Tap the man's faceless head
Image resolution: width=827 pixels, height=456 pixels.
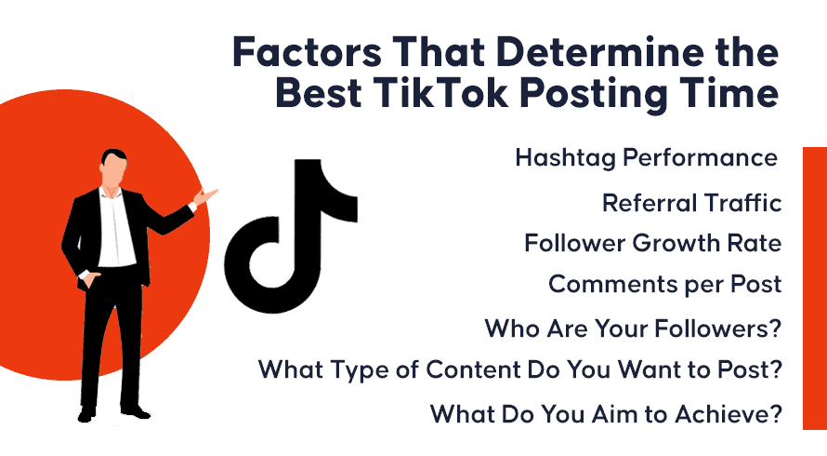tap(113, 167)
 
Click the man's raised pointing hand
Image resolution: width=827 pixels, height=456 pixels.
tap(205, 196)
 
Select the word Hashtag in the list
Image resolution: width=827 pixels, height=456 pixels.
tap(565, 158)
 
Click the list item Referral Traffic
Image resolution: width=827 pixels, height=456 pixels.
tap(691, 203)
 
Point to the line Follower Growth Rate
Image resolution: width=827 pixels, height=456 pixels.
tap(652, 244)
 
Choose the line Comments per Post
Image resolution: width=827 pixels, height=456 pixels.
tap(664, 285)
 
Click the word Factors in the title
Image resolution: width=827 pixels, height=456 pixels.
tap(307, 52)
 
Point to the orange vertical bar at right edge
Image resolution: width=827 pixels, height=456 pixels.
tap(814, 288)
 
